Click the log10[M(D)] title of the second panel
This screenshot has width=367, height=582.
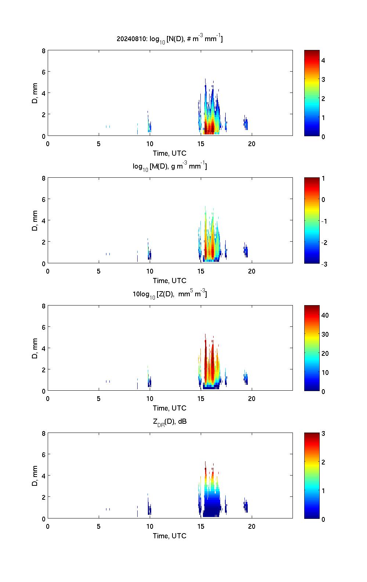[x=170, y=166]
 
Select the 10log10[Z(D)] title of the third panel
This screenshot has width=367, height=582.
[x=170, y=294]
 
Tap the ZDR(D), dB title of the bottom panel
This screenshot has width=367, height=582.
[x=170, y=422]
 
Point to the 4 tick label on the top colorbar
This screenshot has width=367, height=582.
[x=323, y=60]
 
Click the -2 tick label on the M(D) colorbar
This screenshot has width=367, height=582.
[x=324, y=243]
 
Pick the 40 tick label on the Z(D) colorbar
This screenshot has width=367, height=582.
[x=325, y=315]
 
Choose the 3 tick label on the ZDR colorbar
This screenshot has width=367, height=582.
[x=323, y=434]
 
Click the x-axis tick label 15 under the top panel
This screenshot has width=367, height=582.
[x=201, y=144]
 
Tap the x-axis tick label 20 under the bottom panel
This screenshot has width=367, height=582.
[x=252, y=527]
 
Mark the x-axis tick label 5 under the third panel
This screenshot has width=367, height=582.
[x=99, y=399]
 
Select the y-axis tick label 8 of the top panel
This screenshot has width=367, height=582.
[x=43, y=51]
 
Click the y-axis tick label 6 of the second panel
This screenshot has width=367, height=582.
[x=43, y=199]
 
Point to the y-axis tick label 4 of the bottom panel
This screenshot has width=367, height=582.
[x=43, y=476]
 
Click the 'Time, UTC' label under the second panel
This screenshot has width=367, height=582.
[x=170, y=281]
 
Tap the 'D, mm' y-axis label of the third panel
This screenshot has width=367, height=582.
[x=35, y=348]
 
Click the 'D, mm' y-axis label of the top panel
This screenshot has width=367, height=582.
[x=35, y=93]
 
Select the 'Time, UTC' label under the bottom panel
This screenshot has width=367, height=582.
[x=170, y=536]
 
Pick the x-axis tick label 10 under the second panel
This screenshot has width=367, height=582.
[x=150, y=271]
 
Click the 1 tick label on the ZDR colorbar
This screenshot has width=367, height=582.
[x=323, y=491]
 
